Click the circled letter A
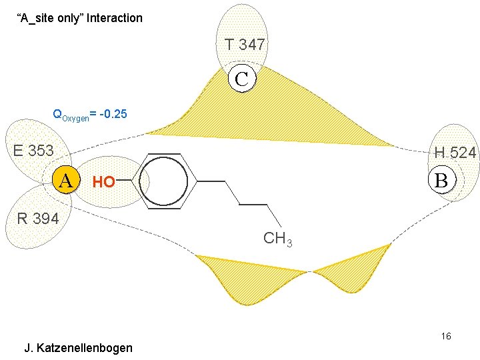(65, 179)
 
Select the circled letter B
(441, 180)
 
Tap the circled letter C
(241, 79)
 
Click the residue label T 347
(245, 45)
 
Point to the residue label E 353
(33, 151)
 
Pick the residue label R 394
(38, 218)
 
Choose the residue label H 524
(455, 153)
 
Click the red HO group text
(103, 181)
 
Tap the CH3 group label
(277, 239)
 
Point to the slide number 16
(445, 336)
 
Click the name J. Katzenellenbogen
(78, 348)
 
